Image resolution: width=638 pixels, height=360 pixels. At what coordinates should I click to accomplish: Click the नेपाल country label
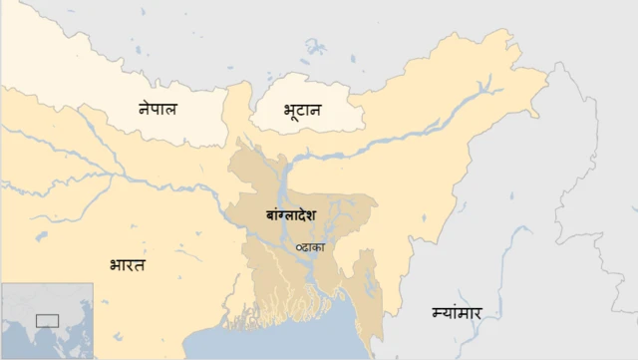coord(158,108)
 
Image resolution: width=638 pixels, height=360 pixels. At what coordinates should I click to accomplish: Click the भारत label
coord(127,265)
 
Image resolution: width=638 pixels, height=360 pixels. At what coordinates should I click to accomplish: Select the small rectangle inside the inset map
coord(47,320)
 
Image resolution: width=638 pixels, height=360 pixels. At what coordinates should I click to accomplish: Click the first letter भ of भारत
coord(115,265)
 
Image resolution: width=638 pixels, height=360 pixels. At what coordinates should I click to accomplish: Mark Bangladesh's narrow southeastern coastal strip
coord(371,299)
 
